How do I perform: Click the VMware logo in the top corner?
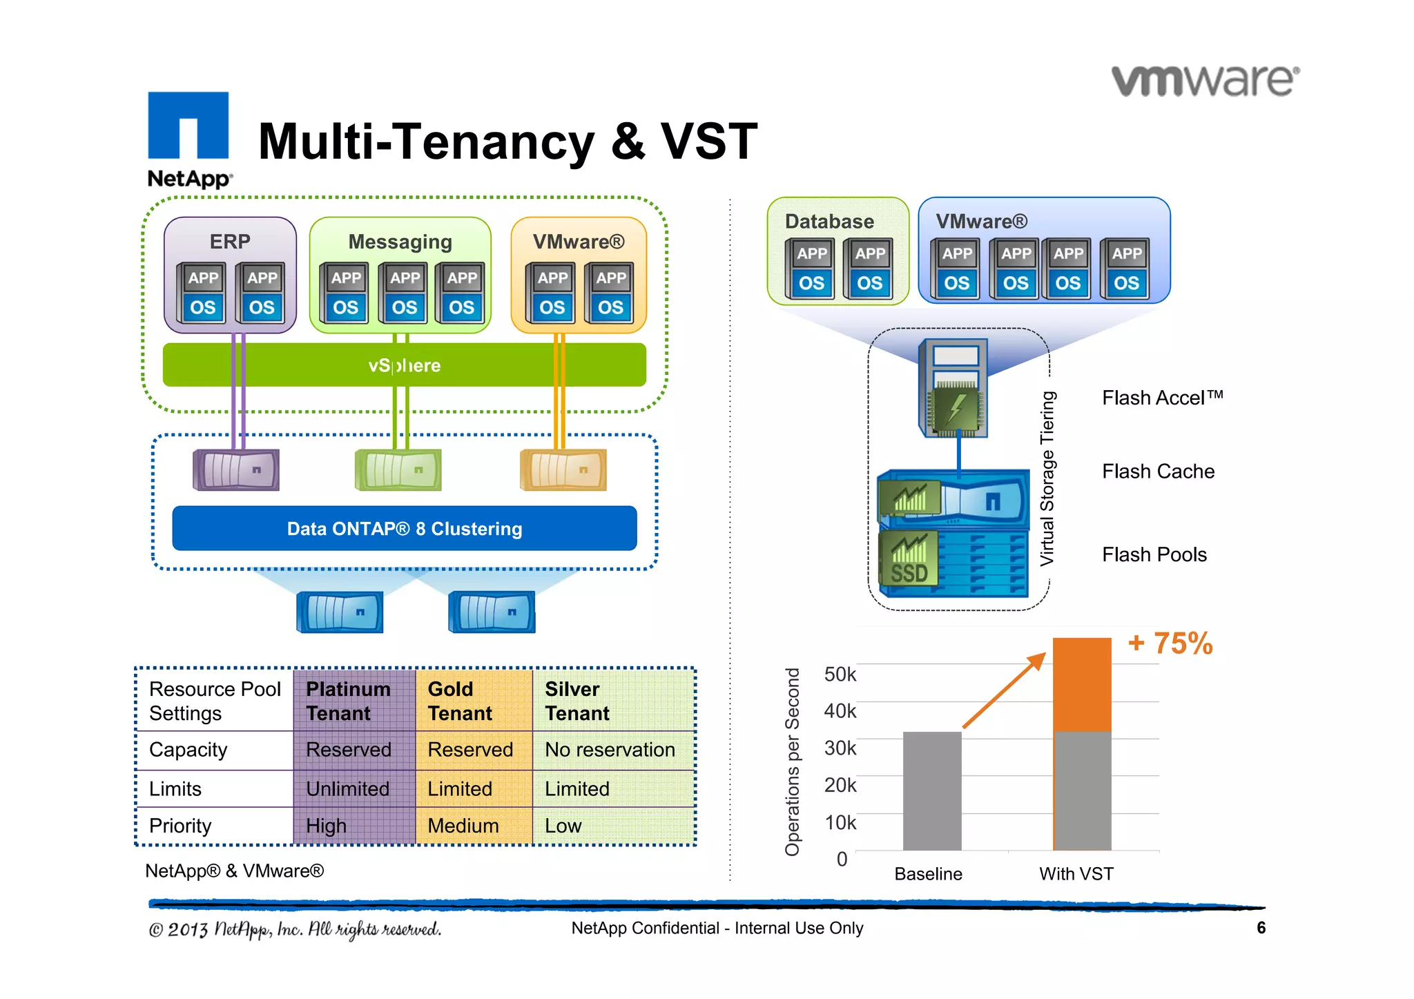(x=1205, y=81)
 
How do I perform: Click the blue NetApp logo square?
(x=188, y=125)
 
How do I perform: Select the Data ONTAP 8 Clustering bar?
(x=404, y=529)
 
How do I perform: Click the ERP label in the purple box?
(x=230, y=242)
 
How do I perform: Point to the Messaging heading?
(x=400, y=242)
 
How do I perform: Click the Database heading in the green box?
(x=829, y=222)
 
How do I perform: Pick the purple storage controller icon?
(x=236, y=470)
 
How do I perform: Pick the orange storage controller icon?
(x=563, y=470)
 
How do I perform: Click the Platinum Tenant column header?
(x=348, y=701)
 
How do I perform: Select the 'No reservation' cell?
(x=610, y=750)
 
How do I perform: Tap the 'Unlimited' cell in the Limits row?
(x=347, y=789)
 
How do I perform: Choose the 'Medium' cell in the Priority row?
(x=463, y=826)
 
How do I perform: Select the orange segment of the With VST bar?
(x=1082, y=683)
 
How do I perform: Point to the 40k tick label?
(x=840, y=711)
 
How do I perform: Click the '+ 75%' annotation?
(x=1170, y=643)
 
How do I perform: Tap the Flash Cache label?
(x=1158, y=472)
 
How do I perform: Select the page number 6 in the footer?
(x=1261, y=928)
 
